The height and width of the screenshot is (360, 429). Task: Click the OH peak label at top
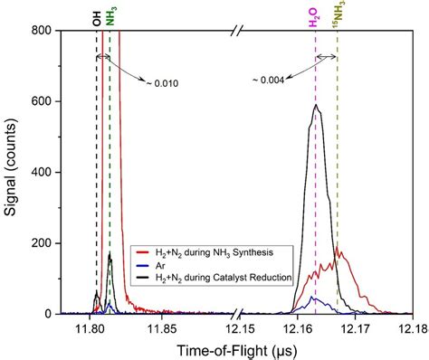tap(97, 17)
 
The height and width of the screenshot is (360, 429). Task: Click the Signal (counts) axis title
tap(12, 171)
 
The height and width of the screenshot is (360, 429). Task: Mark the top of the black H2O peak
tap(315, 105)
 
